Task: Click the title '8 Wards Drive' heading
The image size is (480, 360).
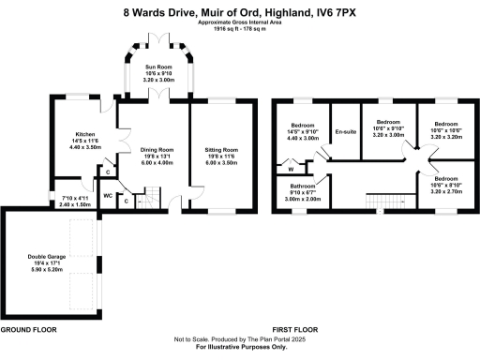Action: click(240, 13)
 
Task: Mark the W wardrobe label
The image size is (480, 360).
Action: click(291, 170)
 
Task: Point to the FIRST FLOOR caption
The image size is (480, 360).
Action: click(293, 330)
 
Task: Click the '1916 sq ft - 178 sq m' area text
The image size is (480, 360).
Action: click(240, 29)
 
